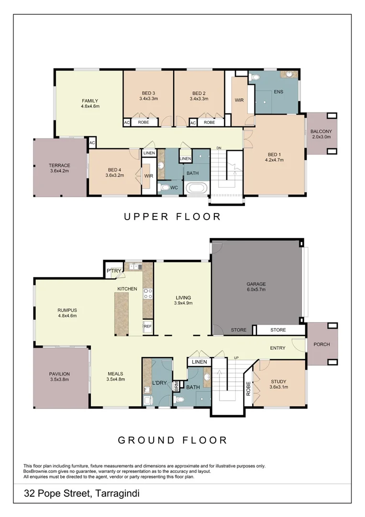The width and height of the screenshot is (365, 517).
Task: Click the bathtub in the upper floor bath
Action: (197, 188)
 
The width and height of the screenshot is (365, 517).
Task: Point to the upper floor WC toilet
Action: (166, 188)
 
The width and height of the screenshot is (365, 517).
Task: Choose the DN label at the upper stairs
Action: (219, 147)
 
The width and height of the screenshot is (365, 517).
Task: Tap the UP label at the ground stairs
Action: (236, 358)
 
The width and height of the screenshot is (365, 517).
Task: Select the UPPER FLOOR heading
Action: (172, 216)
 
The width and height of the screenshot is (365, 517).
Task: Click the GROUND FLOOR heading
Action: (172, 439)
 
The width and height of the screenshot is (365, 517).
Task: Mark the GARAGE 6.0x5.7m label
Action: (256, 286)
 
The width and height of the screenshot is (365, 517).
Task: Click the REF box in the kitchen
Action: (148, 326)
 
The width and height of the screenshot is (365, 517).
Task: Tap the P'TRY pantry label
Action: (114, 271)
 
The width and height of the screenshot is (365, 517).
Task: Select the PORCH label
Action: (321, 344)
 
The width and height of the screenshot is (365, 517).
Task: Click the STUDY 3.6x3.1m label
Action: (278, 384)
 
